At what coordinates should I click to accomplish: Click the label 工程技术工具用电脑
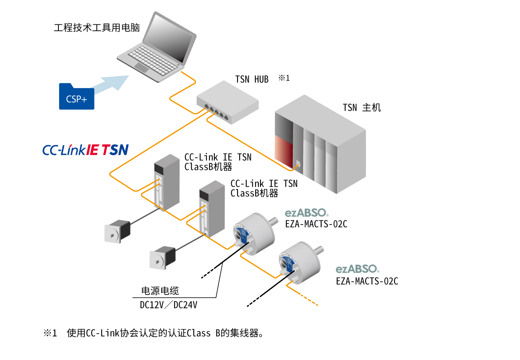point(97,28)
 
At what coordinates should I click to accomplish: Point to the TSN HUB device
point(227,102)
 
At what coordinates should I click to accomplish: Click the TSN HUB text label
point(252,79)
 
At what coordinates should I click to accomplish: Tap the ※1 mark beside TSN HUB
point(284,78)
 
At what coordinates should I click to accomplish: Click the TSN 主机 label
point(362,108)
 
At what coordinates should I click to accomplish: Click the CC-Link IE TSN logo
point(85,150)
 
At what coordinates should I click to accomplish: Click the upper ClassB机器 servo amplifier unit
point(167,182)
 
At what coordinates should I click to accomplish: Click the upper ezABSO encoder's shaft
point(274,220)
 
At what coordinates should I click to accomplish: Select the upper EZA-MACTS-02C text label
point(316,224)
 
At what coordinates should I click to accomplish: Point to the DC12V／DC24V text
point(168,305)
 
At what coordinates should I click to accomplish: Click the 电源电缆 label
point(160,291)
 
